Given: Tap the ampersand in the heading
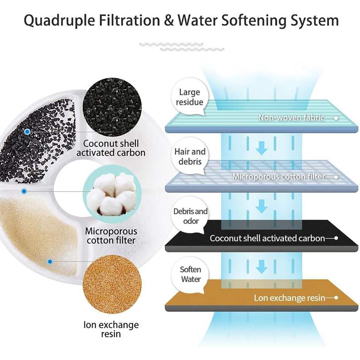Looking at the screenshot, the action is [168, 20].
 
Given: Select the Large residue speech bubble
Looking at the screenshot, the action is [189, 97].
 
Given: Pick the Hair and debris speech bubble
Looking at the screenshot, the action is [190, 157].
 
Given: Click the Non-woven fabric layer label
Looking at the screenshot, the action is [291, 118].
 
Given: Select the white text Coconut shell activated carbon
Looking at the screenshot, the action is [267, 238].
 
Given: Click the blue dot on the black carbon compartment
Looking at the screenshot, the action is [27, 132].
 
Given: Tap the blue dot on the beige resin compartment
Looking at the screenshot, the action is [50, 261].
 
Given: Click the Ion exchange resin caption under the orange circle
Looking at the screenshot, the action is [111, 329].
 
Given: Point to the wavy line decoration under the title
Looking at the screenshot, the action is [181, 47].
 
